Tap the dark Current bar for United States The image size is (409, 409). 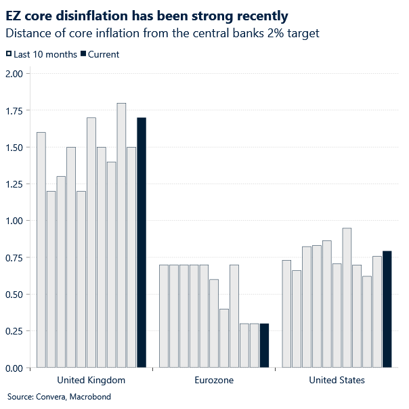[x=387, y=309]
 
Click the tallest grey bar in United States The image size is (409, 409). [x=347, y=298]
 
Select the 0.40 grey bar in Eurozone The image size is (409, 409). [x=224, y=338]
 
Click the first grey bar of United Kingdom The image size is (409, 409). [x=41, y=250]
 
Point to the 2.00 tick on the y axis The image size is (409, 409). [x=14, y=74]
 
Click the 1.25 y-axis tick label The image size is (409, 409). [x=14, y=184]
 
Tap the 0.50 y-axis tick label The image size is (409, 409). [x=14, y=295]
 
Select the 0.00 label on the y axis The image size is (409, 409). [x=14, y=368]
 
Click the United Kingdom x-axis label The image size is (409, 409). [x=91, y=381]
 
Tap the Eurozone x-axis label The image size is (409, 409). [x=214, y=381]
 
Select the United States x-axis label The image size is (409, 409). [x=337, y=381]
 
